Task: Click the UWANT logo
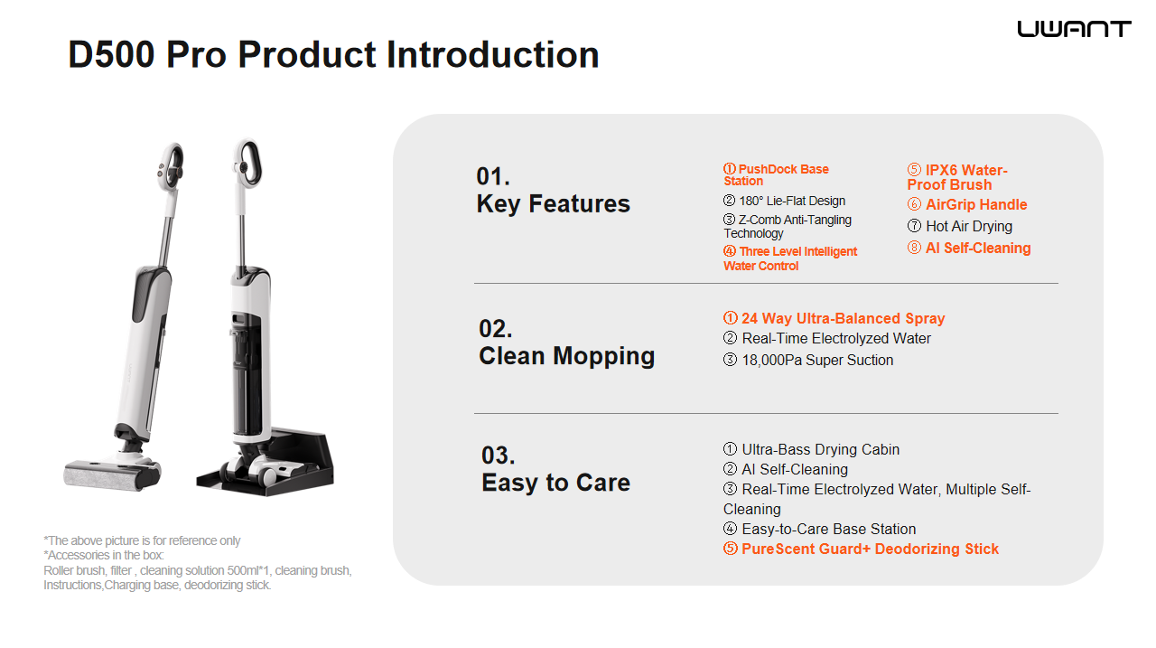click(1074, 29)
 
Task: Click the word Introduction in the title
click(493, 55)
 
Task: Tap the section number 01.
click(493, 176)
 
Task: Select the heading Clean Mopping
click(566, 357)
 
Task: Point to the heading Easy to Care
click(555, 484)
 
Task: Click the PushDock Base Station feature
click(776, 175)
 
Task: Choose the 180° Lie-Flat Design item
click(784, 201)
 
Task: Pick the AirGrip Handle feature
click(967, 204)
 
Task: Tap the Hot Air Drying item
click(960, 226)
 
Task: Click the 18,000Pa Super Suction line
click(808, 360)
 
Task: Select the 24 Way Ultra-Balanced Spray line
click(834, 318)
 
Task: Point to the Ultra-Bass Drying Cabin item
click(811, 449)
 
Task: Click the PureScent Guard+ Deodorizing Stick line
click(861, 549)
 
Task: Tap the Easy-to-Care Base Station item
click(819, 529)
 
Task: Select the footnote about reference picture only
click(142, 540)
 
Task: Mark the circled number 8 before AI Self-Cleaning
click(914, 248)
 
